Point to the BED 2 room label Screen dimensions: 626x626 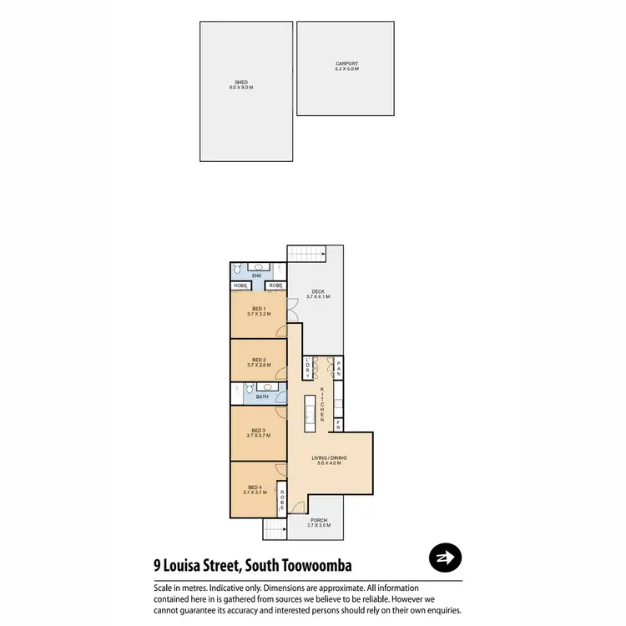point(258,361)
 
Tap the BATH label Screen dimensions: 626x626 point(262,396)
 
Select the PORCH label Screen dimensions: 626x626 point(318,523)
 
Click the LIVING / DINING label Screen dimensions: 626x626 point(329,460)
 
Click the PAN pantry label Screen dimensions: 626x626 point(339,368)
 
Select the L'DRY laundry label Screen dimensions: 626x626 point(308,368)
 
